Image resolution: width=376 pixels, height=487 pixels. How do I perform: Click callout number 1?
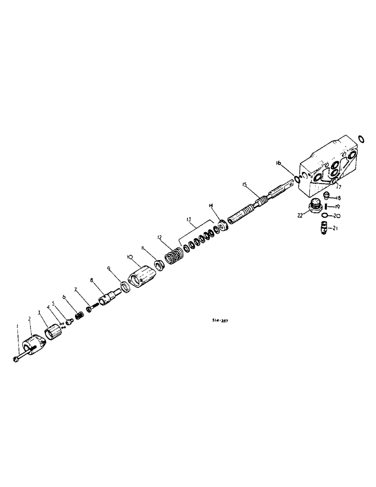click(17, 326)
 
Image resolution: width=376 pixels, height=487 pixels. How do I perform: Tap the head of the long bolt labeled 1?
click(15, 359)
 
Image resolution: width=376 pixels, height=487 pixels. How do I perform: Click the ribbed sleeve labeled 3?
click(53, 335)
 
